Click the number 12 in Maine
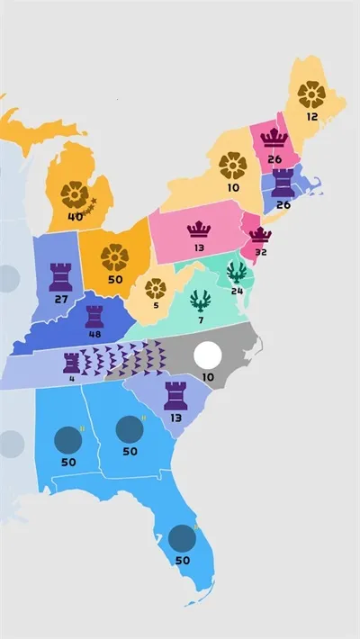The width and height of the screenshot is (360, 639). click(x=311, y=117)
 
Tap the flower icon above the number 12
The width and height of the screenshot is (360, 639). click(x=310, y=94)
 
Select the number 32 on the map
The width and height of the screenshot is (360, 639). click(x=261, y=253)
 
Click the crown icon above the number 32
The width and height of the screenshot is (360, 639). click(x=260, y=236)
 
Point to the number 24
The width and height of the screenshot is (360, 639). click(x=237, y=291)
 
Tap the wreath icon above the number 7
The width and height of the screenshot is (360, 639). click(x=201, y=301)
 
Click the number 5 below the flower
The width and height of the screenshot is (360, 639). click(x=155, y=304)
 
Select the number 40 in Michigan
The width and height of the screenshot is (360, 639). click(x=76, y=216)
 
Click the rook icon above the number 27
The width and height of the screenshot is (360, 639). click(x=62, y=274)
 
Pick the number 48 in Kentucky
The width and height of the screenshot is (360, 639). click(x=94, y=334)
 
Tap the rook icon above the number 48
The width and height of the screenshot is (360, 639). click(x=94, y=316)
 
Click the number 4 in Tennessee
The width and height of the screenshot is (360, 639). click(x=71, y=379)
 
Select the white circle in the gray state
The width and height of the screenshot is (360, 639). click(x=208, y=355)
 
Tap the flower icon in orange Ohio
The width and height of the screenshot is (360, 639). click(x=114, y=257)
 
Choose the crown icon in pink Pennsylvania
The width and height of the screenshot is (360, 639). click(x=198, y=229)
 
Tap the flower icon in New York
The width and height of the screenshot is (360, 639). click(x=233, y=166)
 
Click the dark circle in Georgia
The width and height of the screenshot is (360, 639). click(x=130, y=429)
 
